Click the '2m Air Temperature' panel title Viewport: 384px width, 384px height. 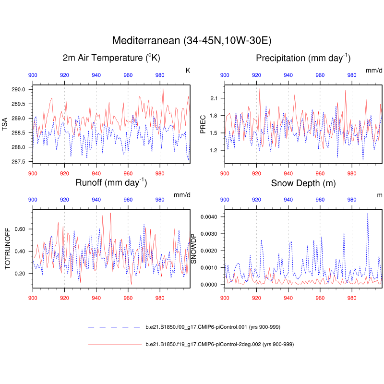(x=111, y=58)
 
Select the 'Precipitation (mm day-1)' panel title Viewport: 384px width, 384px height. (x=303, y=58)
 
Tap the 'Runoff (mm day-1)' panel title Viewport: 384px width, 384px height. (x=111, y=182)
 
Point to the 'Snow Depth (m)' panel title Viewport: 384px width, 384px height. (x=303, y=183)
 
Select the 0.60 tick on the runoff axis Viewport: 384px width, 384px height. (x=21, y=229)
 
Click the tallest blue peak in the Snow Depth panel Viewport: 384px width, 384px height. (x=368, y=213)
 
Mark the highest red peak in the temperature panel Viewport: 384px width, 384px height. (x=163, y=89)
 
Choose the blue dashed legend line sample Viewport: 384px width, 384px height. (x=114, y=327)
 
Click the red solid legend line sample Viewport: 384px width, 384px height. (x=114, y=344)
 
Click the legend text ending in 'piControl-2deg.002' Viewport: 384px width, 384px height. (x=219, y=344)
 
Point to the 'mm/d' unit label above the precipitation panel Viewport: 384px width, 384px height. (x=374, y=71)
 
